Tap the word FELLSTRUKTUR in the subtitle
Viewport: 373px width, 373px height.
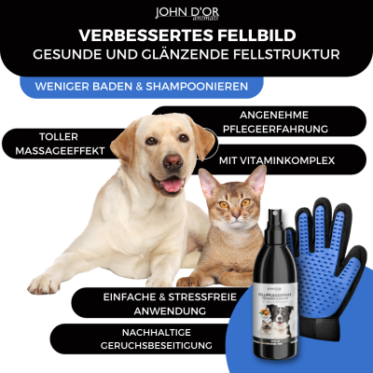284,55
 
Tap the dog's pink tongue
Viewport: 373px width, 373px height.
171,184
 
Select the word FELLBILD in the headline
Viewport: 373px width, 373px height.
252,36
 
